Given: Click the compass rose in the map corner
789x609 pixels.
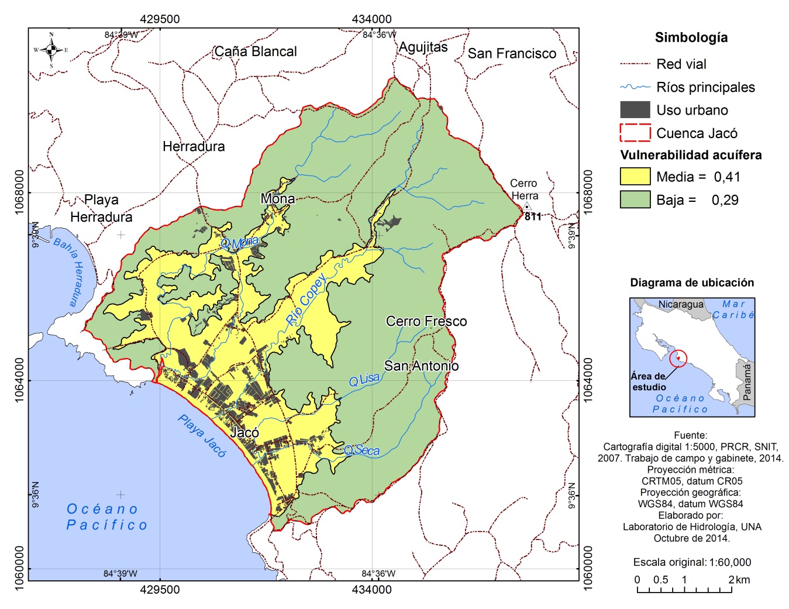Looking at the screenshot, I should point(51,50).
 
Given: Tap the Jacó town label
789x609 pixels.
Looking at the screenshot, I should point(244,433).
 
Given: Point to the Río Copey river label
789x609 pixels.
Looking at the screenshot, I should point(306,300).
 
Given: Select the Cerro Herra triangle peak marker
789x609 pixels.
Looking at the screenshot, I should point(526,207).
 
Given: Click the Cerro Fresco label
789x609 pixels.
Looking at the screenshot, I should point(426,321).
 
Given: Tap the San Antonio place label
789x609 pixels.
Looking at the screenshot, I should point(421,366).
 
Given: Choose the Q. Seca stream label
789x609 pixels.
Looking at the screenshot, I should point(362,450).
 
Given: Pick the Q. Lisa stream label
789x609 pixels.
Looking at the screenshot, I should point(364,380).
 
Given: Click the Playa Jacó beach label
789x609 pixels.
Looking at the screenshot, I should point(202,436).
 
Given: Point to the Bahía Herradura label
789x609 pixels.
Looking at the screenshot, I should point(69,271).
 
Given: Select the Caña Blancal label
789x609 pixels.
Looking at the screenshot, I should point(256,51).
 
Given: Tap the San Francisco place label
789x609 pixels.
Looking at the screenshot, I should point(512,54).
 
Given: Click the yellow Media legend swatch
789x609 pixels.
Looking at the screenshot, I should point(635,177).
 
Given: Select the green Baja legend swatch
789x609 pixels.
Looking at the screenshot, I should point(635,199).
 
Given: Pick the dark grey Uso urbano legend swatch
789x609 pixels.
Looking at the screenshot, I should point(635,110).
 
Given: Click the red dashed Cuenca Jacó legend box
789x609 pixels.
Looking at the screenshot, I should point(635,133).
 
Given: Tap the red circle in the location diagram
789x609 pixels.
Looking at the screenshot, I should point(678,358).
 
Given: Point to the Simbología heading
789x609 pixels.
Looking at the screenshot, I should point(691,37).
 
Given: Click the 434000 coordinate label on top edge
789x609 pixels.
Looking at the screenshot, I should point(371,19).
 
